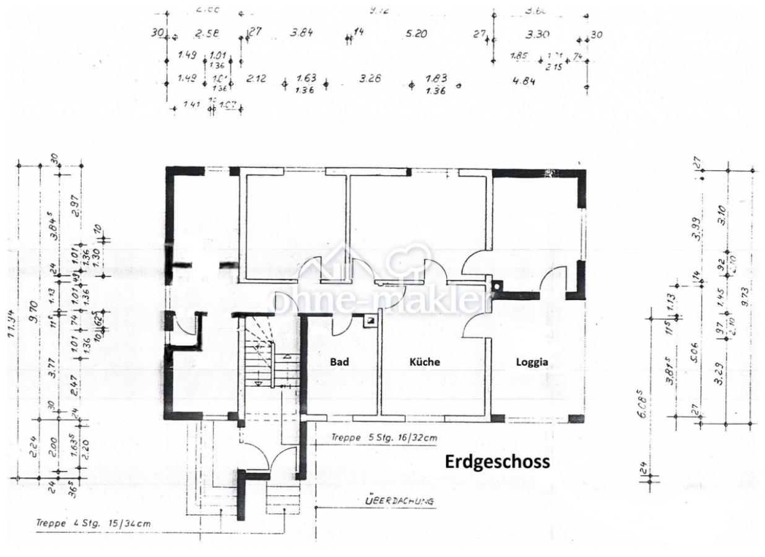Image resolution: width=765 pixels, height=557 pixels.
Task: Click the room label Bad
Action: click(340, 362)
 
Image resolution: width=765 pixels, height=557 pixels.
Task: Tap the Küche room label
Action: click(424, 362)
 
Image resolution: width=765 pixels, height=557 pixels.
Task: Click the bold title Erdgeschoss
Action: click(497, 462)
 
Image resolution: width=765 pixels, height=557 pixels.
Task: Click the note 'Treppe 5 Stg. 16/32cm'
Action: click(384, 438)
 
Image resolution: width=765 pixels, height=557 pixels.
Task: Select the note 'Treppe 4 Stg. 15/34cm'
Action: click(93, 524)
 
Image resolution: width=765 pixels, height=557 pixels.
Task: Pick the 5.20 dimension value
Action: click(417, 34)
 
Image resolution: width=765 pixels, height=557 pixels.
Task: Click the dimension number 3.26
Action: click(370, 78)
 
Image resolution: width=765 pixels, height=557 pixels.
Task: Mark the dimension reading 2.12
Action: click(256, 78)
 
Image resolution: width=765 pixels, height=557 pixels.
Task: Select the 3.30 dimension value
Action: click(537, 34)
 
